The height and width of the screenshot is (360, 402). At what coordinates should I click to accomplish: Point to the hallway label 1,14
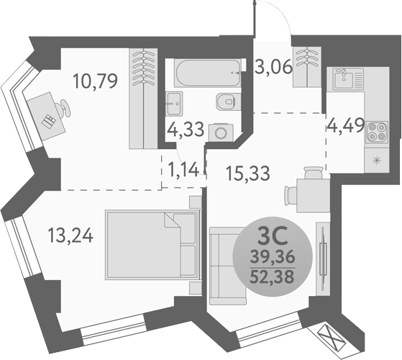tap(183, 171)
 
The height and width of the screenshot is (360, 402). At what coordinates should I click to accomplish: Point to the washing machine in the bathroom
tap(218, 131)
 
